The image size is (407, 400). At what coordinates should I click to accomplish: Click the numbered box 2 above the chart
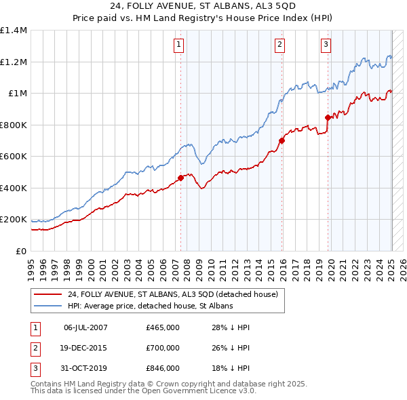(279, 45)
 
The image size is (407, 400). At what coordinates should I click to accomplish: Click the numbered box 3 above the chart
(326, 45)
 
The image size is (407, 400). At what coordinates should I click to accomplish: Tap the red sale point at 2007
(180, 178)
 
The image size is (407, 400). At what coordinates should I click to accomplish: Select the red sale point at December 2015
(282, 140)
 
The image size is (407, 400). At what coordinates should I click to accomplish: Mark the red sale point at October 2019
(328, 117)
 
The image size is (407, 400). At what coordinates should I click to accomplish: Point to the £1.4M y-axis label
(14, 31)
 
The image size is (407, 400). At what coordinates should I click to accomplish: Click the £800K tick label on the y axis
(14, 125)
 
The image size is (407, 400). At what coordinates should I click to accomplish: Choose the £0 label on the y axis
(20, 251)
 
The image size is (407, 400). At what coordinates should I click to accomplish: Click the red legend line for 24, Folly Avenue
(48, 295)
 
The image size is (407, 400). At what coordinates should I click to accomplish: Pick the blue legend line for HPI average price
(48, 306)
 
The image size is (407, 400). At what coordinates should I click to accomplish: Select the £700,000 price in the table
(163, 348)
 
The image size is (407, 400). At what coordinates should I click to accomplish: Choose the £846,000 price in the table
(163, 368)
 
